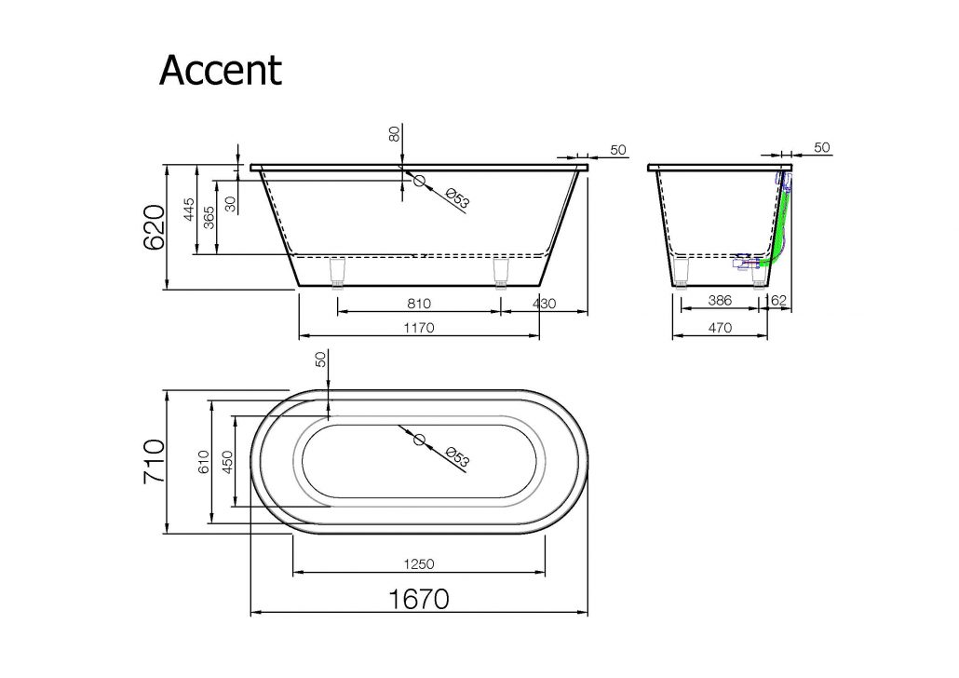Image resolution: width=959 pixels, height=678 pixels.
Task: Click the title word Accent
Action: pyautogui.click(x=220, y=71)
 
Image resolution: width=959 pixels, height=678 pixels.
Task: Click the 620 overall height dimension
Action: pyautogui.click(x=155, y=227)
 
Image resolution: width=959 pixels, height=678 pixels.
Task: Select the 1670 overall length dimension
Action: pyautogui.click(x=419, y=599)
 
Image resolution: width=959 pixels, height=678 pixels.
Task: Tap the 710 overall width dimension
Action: pyautogui.click(x=155, y=461)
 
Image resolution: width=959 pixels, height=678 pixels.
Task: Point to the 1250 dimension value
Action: pyautogui.click(x=419, y=563)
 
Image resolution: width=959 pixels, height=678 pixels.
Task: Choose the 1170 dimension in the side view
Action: pyautogui.click(x=419, y=328)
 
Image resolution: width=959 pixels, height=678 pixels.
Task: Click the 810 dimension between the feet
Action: pyautogui.click(x=419, y=304)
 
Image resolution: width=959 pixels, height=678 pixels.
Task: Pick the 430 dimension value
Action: pyautogui.click(x=544, y=304)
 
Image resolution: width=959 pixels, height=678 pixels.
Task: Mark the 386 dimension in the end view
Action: pyautogui.click(x=720, y=301)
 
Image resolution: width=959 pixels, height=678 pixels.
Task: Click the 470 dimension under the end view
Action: pyautogui.click(x=720, y=328)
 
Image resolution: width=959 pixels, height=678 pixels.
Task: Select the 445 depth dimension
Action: pyautogui.click(x=189, y=210)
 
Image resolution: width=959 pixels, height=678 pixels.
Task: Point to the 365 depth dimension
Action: pyautogui.click(x=209, y=217)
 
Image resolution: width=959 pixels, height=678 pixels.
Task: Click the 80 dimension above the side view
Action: pyautogui.click(x=395, y=133)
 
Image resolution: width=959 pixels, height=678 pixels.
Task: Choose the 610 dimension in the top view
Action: pyautogui.click(x=204, y=462)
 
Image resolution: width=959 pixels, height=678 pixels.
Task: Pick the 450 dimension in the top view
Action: pyautogui.click(x=227, y=462)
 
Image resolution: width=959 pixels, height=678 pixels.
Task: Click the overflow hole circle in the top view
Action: pyautogui.click(x=420, y=440)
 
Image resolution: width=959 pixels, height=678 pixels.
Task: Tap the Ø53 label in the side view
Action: pyautogui.click(x=457, y=199)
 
